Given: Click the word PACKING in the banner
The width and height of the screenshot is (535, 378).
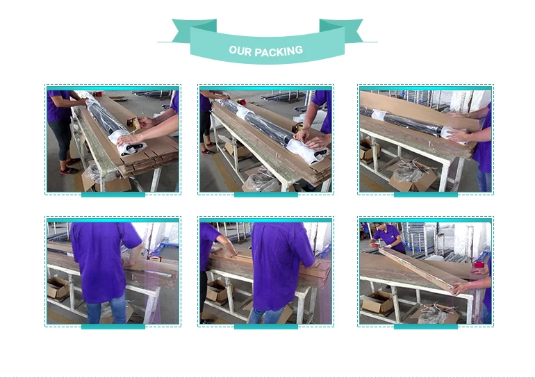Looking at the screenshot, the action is click(279, 51).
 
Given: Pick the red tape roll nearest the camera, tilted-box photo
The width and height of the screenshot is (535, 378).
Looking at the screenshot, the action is click(479, 265).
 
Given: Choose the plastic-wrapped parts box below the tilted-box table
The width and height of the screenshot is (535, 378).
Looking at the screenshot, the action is click(434, 313).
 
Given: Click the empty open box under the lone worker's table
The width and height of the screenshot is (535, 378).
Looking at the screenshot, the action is click(58, 288).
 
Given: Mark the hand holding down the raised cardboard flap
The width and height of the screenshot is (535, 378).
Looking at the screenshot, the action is click(459, 135).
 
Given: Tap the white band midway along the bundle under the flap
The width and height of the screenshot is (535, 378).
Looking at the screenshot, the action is click(379, 115).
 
